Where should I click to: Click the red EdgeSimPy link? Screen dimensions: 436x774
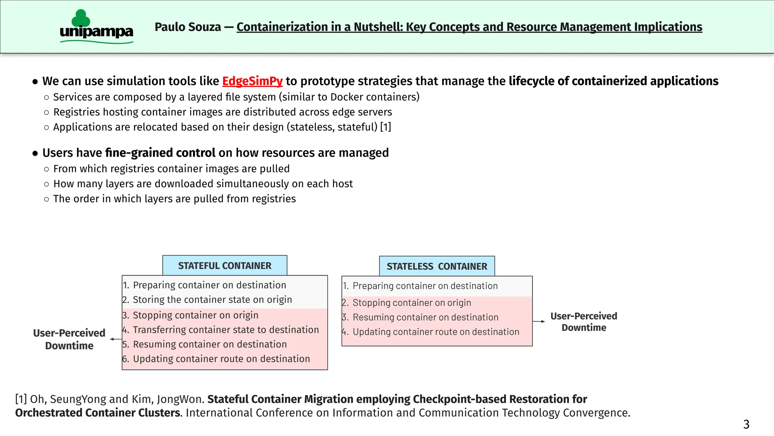[x=252, y=81]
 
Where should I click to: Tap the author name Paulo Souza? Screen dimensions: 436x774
[x=188, y=27]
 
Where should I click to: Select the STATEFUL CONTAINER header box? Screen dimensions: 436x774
[x=224, y=265]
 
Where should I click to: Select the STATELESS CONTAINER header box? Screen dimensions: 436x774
[x=437, y=266]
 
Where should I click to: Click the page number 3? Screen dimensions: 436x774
[x=746, y=424]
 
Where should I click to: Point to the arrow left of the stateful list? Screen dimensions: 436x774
[x=116, y=339]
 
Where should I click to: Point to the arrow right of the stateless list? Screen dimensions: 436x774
[x=539, y=321]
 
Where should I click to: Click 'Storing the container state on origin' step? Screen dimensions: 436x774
[x=212, y=299]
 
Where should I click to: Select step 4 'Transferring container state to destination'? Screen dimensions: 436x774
[x=226, y=330]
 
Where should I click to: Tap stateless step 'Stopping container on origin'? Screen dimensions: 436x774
[x=412, y=303]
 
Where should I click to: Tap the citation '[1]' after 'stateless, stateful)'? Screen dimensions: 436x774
[x=385, y=127]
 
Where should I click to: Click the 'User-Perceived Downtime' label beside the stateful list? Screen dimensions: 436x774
[x=69, y=339]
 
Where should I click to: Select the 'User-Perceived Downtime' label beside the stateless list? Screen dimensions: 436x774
[x=584, y=322]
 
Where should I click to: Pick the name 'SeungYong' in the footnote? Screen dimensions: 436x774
[x=78, y=399]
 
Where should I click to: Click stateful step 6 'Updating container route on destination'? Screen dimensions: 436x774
[x=221, y=359]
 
